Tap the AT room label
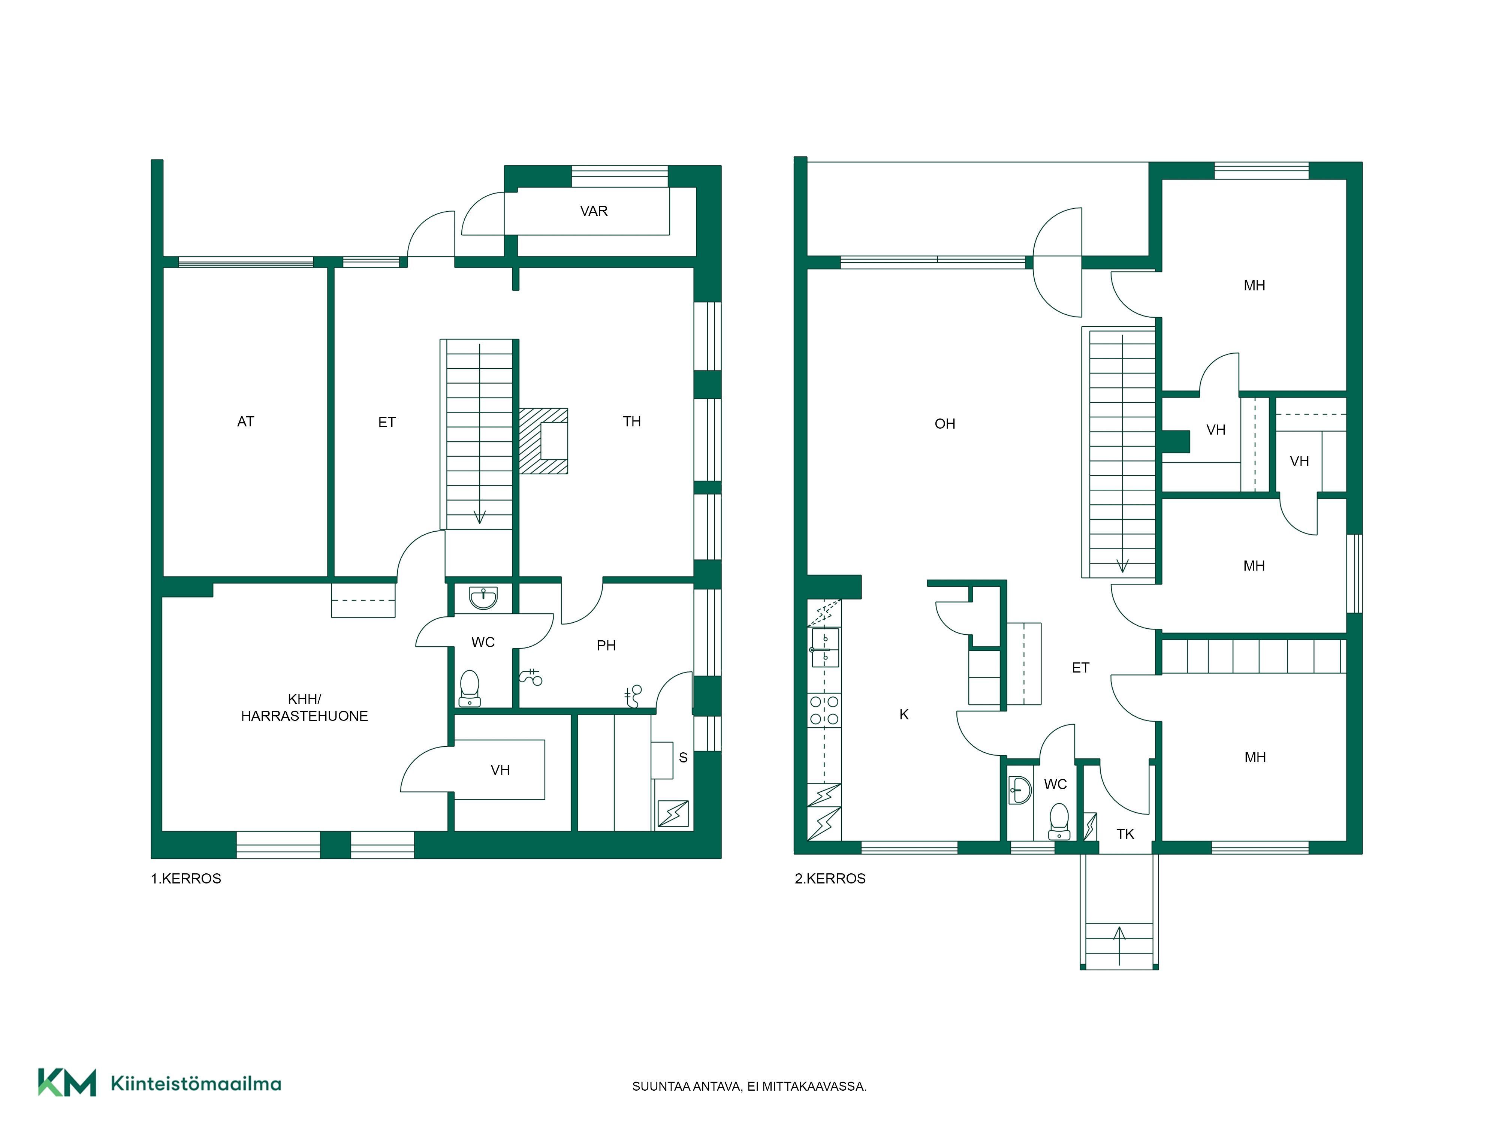(x=245, y=421)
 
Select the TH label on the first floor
(x=631, y=421)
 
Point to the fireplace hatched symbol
(x=543, y=440)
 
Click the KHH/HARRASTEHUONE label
(x=304, y=707)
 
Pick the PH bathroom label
(x=606, y=646)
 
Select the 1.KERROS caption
(x=186, y=879)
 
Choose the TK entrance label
(x=1125, y=834)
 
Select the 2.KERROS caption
(x=830, y=879)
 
